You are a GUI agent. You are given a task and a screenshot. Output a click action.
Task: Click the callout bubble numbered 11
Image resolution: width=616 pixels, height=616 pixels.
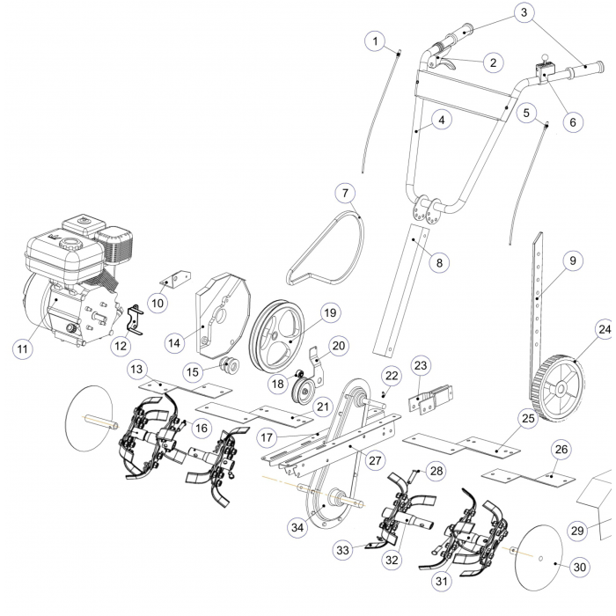pyautogui.click(x=21, y=349)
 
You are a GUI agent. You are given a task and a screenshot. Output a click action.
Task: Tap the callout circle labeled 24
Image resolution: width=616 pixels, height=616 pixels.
pyautogui.click(x=605, y=330)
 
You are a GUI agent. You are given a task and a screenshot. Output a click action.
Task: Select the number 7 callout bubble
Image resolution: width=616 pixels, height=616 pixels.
pyautogui.click(x=345, y=191)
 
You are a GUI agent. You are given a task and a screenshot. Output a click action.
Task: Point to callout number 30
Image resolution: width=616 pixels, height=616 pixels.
pyautogui.click(x=579, y=568)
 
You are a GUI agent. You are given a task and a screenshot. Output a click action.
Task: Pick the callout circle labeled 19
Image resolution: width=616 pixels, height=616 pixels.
pyautogui.click(x=330, y=312)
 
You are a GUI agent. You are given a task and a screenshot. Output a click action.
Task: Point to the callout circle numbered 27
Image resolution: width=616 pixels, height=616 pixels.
pyautogui.click(x=376, y=458)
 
